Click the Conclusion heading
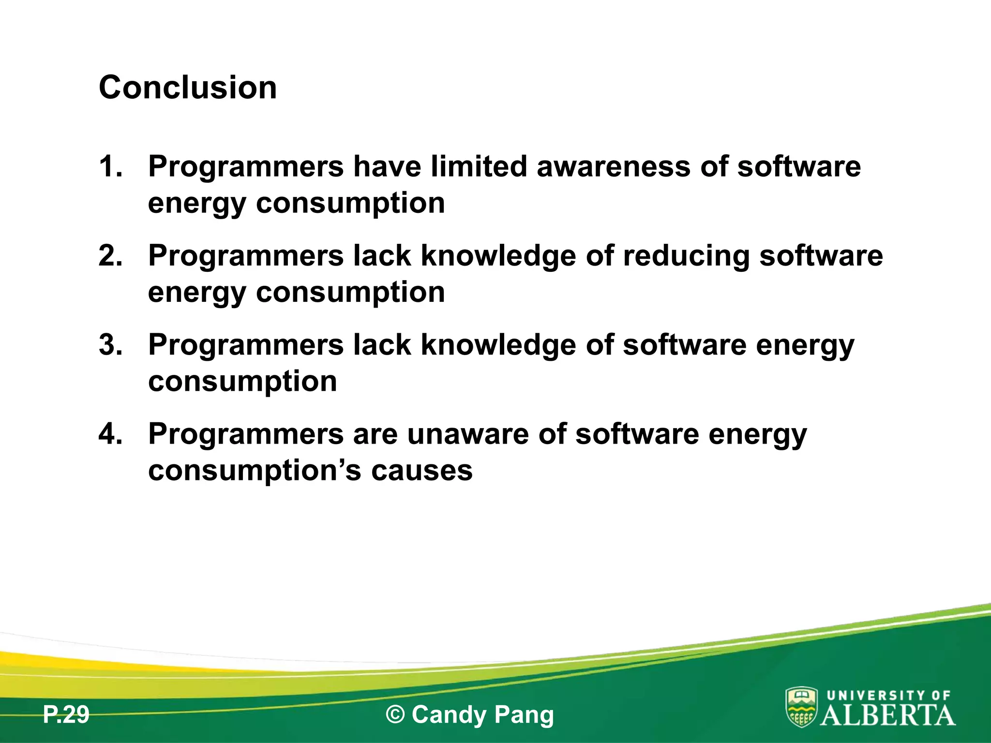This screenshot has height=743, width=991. pos(188,88)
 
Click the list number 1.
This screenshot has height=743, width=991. pos(110,166)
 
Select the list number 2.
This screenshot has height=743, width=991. pos(110,255)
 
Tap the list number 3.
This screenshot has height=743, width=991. pos(110,345)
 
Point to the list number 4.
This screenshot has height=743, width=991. pos(110,434)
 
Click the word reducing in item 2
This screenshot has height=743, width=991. pos(686,256)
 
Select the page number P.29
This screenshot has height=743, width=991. pos(66,715)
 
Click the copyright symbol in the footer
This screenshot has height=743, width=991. pos(395,715)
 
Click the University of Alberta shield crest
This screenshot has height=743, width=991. pos(801,707)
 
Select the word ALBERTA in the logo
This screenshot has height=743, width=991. pos(888,715)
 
